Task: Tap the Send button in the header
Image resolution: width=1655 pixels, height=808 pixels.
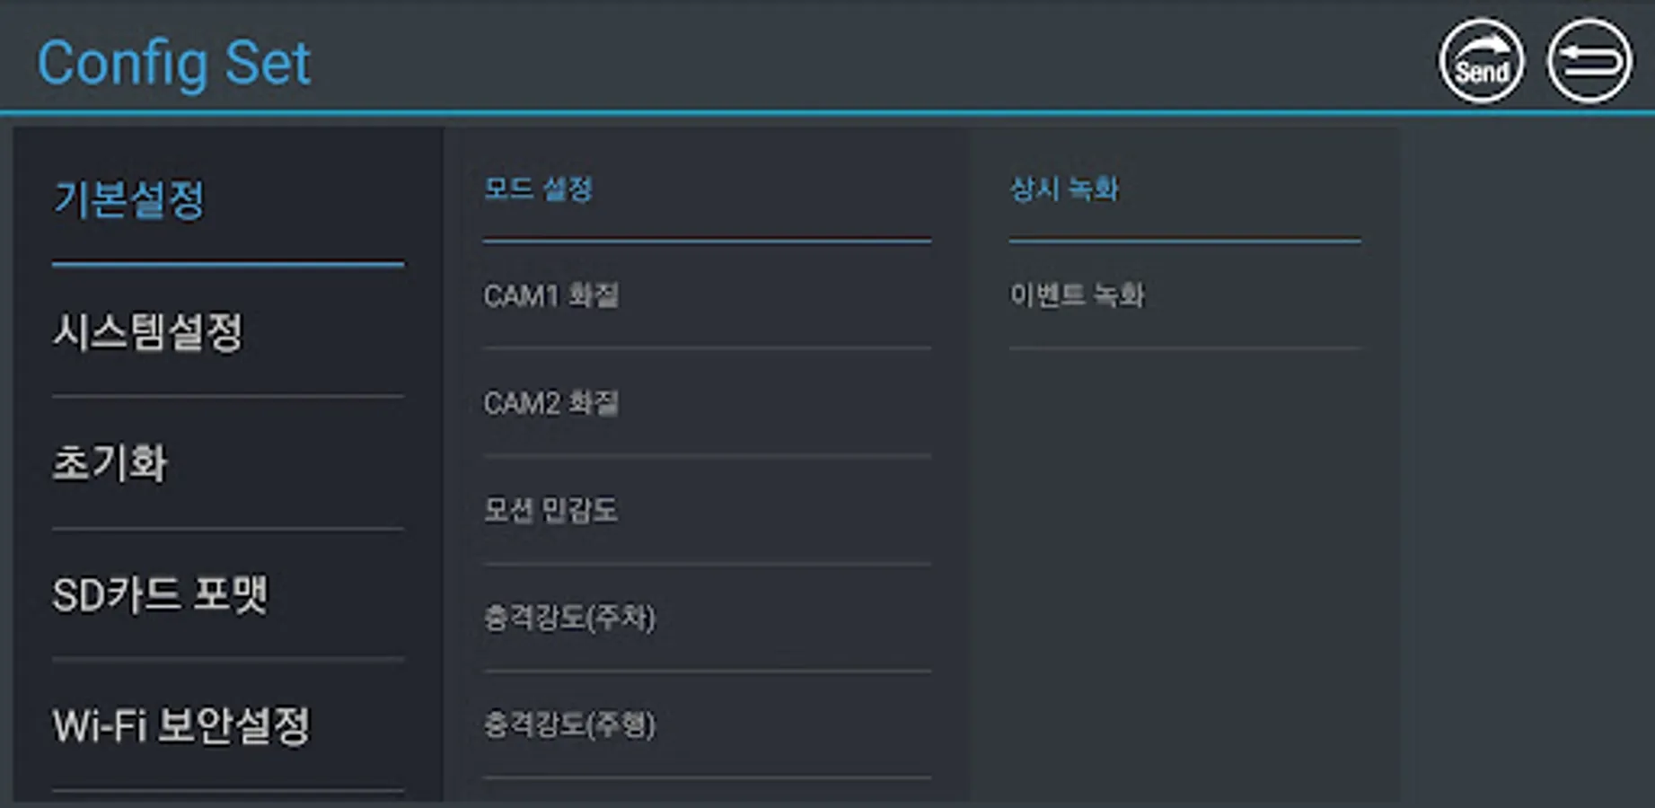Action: click(x=1481, y=62)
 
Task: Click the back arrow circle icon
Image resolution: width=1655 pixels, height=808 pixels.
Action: click(x=1589, y=62)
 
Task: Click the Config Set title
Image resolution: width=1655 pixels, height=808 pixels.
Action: click(x=173, y=63)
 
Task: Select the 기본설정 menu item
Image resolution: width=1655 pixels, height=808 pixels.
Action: click(x=130, y=199)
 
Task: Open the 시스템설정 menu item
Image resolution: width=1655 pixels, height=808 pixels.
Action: click(x=148, y=331)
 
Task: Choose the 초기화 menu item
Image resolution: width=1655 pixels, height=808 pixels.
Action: click(x=110, y=463)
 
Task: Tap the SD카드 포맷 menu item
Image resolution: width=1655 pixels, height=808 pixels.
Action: click(x=160, y=594)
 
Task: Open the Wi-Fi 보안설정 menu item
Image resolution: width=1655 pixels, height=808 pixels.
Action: click(x=181, y=725)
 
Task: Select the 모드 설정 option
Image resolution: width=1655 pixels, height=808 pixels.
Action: click(x=538, y=189)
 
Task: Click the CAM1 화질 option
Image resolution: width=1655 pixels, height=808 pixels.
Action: click(x=550, y=295)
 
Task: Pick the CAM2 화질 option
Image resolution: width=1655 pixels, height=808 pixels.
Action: click(x=550, y=403)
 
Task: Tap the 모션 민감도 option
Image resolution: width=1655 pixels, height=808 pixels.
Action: click(x=550, y=510)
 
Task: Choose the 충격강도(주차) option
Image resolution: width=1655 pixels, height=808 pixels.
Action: click(x=569, y=618)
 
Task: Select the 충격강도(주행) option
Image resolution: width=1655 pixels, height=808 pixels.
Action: click(x=569, y=725)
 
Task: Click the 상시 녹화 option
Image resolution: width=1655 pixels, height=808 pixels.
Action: click(x=1064, y=189)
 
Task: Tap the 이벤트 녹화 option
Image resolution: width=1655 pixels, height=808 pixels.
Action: click(x=1077, y=295)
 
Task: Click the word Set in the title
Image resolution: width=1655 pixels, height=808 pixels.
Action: click(x=268, y=63)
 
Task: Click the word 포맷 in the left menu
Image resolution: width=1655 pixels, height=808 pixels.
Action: click(x=230, y=594)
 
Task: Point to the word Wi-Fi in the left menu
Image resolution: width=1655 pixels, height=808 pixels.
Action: click(x=100, y=725)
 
